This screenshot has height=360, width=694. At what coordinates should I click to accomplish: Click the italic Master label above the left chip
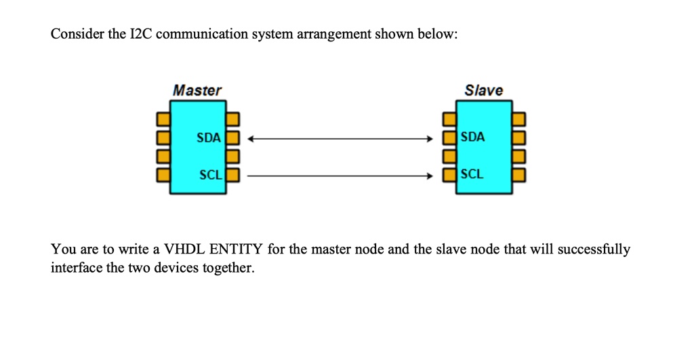click(197, 90)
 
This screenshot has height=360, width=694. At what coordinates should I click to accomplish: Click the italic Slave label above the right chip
click(483, 90)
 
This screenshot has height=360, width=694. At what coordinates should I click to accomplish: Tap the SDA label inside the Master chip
click(208, 138)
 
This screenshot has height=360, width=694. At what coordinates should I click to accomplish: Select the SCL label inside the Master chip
click(209, 175)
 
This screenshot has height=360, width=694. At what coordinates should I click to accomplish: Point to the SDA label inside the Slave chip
click(472, 137)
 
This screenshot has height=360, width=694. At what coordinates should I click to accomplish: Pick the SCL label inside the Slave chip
click(472, 174)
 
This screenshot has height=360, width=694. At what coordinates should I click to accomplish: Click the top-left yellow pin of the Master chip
click(161, 120)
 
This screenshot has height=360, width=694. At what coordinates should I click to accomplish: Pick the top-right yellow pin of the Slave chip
click(518, 120)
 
